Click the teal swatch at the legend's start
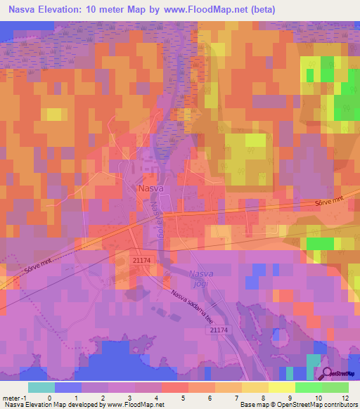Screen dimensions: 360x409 (41, 387)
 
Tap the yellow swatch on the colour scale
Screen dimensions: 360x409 (281, 387)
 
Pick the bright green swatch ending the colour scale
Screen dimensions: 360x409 (335, 387)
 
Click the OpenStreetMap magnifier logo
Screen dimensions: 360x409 (328, 375)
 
